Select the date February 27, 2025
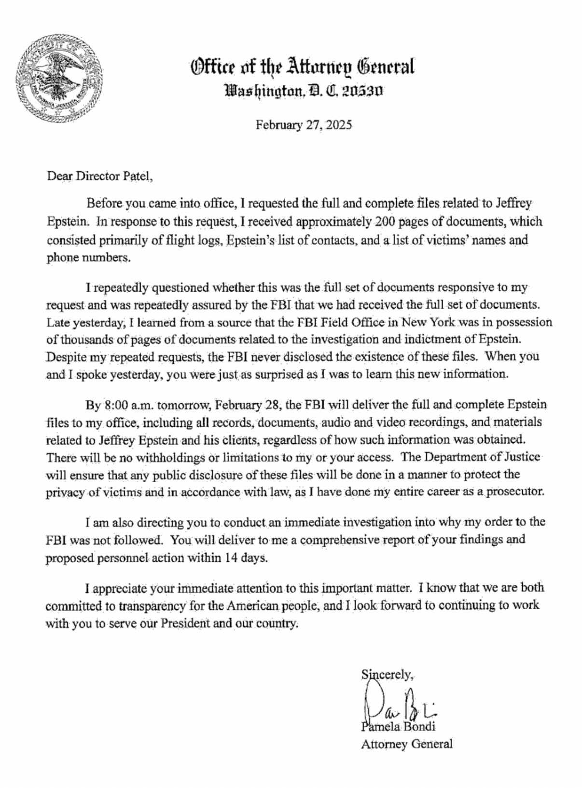[x=304, y=125]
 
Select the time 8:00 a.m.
[x=126, y=404]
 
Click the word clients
[x=239, y=439]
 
